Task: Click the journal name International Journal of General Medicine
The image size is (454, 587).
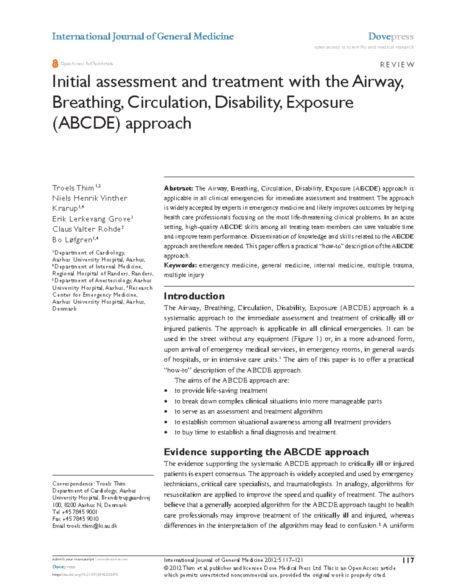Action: tap(143, 37)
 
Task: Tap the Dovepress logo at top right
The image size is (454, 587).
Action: tap(390, 37)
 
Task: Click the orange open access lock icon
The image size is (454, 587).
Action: tap(55, 64)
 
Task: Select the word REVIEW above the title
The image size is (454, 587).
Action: tap(397, 65)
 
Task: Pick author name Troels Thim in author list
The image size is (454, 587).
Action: tap(73, 188)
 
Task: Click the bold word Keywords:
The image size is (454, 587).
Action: tap(180, 265)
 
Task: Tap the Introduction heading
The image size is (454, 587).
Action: tap(194, 296)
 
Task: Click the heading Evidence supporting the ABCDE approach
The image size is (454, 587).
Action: tap(266, 452)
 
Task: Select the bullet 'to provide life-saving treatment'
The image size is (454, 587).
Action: tap(221, 391)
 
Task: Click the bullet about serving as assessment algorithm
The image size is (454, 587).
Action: tap(248, 412)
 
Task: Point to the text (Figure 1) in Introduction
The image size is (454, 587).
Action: tap(306, 339)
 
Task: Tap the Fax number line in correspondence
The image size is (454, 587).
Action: tap(75, 519)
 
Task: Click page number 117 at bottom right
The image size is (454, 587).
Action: tap(408, 560)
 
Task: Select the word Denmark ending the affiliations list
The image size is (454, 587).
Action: tap(64, 309)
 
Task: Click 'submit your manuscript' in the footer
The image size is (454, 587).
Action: tap(73, 559)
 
